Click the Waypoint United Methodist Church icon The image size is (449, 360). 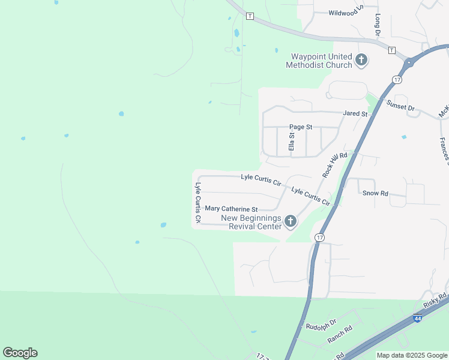coord(361,59)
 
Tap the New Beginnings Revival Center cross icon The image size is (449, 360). coord(290,222)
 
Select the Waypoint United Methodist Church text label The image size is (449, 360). coord(318,60)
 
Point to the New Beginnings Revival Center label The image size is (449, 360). coord(252,222)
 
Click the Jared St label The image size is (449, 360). coord(355,113)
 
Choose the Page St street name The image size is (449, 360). coord(301,127)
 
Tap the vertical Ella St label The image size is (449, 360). coord(292,142)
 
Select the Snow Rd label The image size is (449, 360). coord(376,193)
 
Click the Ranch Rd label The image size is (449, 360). coord(340,335)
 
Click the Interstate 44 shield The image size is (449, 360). coord(417,319)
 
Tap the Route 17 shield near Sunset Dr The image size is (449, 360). coord(397,79)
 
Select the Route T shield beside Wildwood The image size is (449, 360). coord(250,15)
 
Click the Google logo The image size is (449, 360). coord(20,353)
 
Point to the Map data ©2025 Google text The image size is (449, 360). coord(411,355)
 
